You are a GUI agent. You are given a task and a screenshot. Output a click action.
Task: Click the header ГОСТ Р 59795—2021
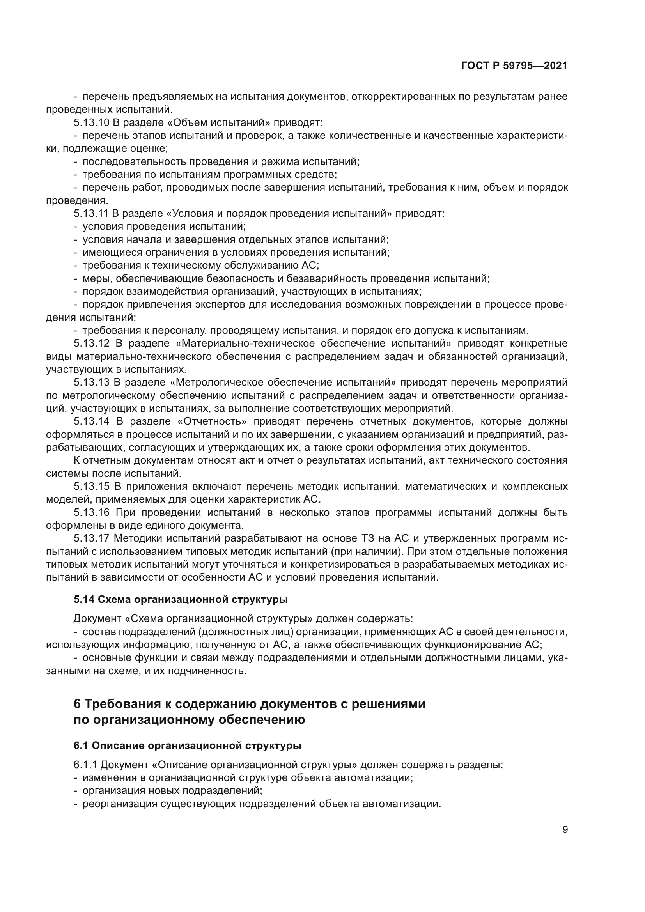click(x=514, y=66)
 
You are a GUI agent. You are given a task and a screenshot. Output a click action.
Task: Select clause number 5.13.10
click(x=92, y=122)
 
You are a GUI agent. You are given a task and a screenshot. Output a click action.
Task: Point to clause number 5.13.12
click(x=91, y=343)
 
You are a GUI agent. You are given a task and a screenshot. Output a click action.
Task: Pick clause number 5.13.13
click(x=91, y=382)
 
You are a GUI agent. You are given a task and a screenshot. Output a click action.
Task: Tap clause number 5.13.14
click(x=91, y=421)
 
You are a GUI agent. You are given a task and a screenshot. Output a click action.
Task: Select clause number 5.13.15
click(x=91, y=486)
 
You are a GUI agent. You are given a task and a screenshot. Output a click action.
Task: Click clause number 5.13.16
click(x=91, y=512)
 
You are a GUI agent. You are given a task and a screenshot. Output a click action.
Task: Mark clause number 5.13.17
click(x=91, y=538)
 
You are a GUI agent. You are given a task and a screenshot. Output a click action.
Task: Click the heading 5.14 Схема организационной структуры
click(x=181, y=599)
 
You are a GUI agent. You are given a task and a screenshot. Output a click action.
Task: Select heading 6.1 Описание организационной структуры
click(x=188, y=746)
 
